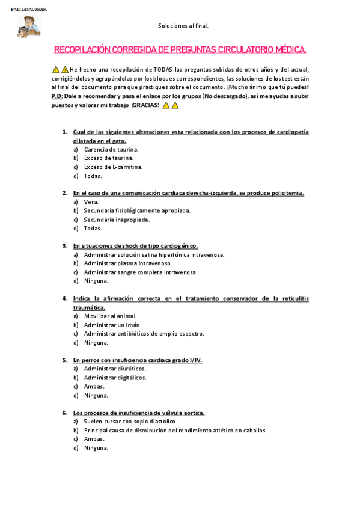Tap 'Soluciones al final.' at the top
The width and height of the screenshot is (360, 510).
tap(183, 26)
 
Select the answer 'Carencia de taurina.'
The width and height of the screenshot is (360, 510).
tap(111, 149)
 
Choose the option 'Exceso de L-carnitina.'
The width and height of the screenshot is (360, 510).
tap(113, 167)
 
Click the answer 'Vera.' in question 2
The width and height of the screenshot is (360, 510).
tap(91, 202)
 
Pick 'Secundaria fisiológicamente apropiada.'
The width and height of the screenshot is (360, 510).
tap(137, 210)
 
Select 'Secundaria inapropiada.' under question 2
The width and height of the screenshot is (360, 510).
tap(117, 220)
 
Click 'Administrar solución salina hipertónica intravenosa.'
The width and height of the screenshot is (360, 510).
tap(154, 254)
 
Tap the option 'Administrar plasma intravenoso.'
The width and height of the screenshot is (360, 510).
tap(128, 263)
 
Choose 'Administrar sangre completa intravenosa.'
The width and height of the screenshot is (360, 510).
tap(141, 272)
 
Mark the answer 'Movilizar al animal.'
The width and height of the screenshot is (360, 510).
tap(110, 316)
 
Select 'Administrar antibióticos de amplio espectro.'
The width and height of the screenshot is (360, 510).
tap(144, 333)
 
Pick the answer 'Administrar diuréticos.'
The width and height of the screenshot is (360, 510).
tap(115, 369)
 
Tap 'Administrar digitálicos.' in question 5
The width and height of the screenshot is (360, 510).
tap(115, 378)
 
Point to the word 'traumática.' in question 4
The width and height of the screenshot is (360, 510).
tap(89, 307)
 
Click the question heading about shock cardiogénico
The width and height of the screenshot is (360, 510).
tap(135, 245)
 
